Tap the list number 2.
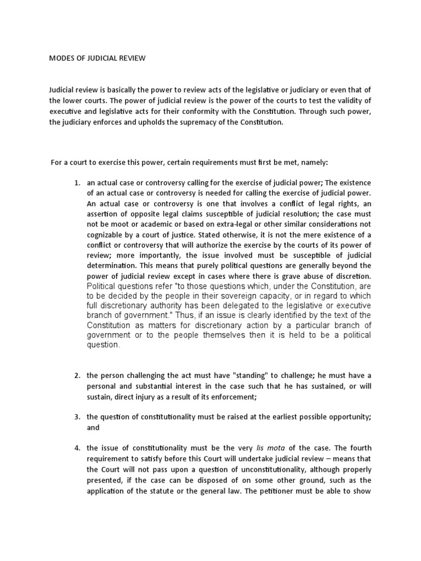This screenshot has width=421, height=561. tap(77, 375)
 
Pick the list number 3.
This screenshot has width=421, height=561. tap(77, 417)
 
